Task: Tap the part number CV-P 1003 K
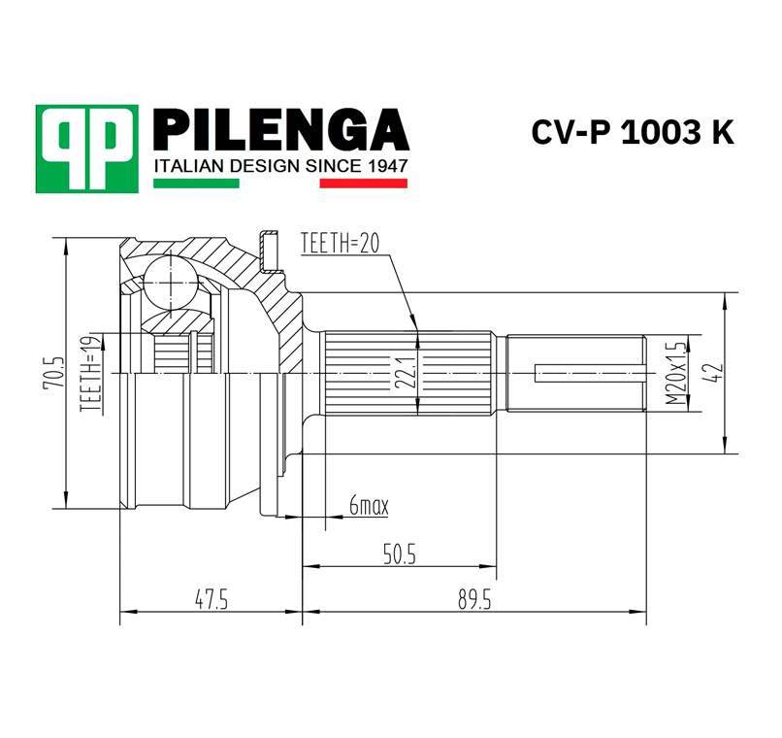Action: tap(632, 133)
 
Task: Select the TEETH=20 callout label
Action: tap(340, 243)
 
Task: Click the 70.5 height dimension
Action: tap(55, 373)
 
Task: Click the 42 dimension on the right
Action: tap(717, 373)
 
